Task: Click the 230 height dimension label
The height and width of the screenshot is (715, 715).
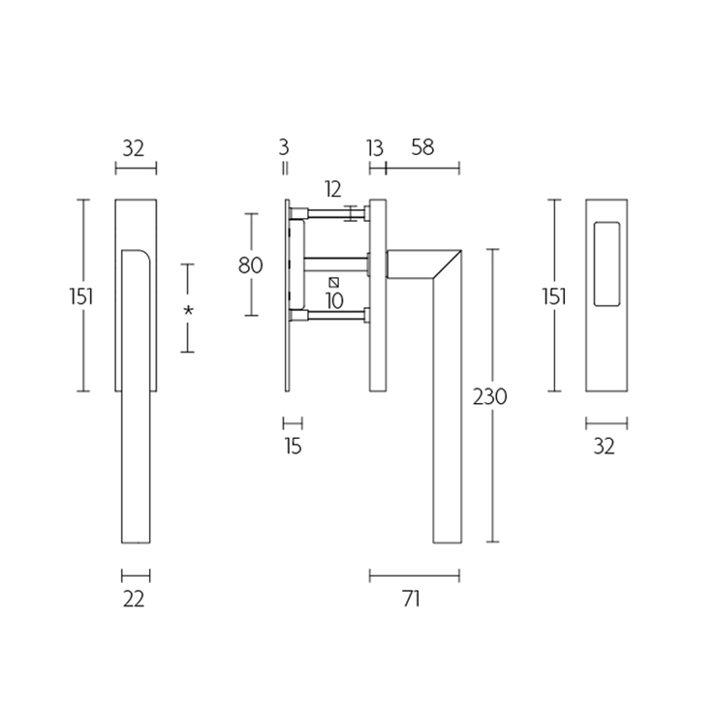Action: (x=489, y=396)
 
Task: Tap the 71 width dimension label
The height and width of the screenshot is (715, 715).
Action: (x=412, y=599)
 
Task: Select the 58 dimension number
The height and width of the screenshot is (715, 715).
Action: (x=422, y=147)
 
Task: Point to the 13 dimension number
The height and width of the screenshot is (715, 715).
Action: (x=375, y=148)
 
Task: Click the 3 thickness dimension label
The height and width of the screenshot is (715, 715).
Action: (x=284, y=147)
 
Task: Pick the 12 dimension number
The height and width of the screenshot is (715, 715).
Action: (x=333, y=189)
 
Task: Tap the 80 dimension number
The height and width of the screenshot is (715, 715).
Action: (x=251, y=264)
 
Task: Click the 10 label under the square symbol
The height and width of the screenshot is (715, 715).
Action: (x=334, y=300)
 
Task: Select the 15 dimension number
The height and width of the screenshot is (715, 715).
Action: (x=294, y=446)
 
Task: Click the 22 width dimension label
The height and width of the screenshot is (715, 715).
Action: (x=134, y=599)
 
